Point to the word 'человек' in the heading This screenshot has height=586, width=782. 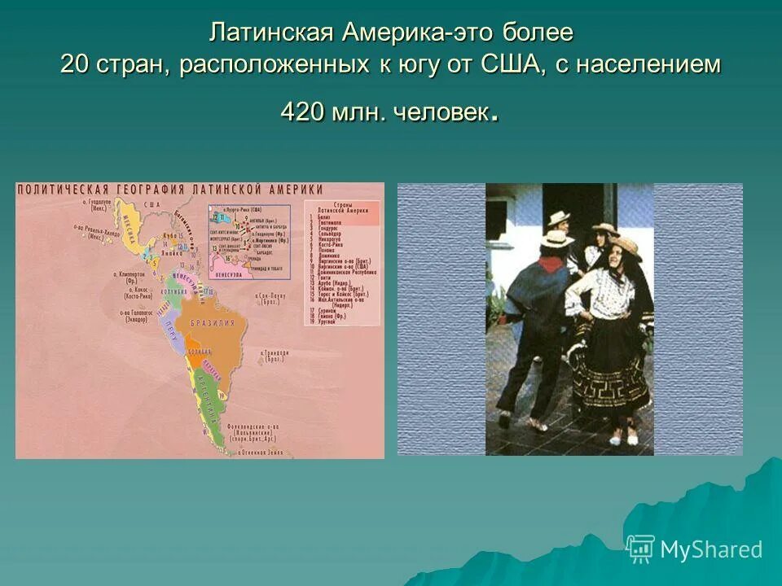439,112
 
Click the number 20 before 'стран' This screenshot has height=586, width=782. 77,65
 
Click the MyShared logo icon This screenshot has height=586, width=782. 640,549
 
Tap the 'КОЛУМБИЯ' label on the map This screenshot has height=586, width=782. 174,291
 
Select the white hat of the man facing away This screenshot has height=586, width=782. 556,238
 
